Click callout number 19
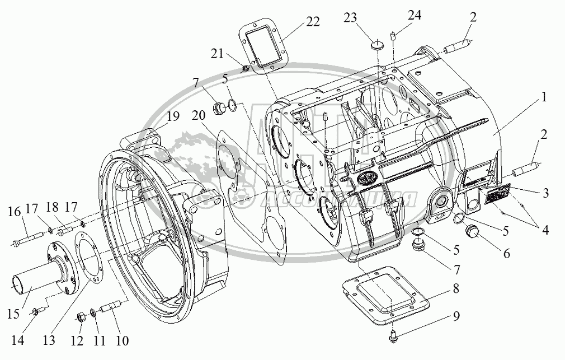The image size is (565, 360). (x=172, y=117)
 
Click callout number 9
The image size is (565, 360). (x=456, y=316)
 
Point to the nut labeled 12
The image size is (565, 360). (x=82, y=319)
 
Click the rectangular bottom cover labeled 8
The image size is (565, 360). (x=386, y=294)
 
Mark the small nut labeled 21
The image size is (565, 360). (x=245, y=68)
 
